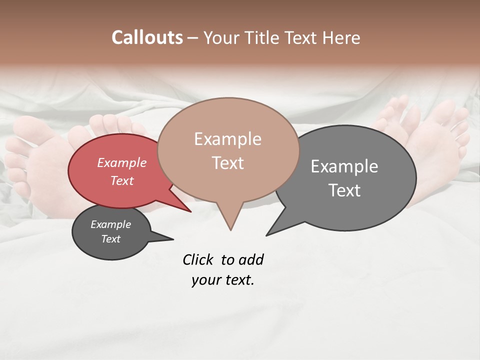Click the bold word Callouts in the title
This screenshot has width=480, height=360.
(x=147, y=38)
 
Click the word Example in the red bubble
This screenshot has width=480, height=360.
(x=121, y=162)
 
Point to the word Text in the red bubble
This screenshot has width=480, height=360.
(x=121, y=180)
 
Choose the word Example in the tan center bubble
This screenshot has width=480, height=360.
(x=227, y=139)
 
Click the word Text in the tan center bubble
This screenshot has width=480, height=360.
(x=227, y=163)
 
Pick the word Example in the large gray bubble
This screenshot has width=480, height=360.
(x=344, y=166)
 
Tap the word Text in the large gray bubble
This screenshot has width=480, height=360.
(x=344, y=190)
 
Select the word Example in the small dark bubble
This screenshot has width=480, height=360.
(x=110, y=224)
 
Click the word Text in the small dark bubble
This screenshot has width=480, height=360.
(x=110, y=239)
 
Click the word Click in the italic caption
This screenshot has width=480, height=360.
(x=199, y=260)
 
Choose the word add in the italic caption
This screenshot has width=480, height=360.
(x=251, y=260)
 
